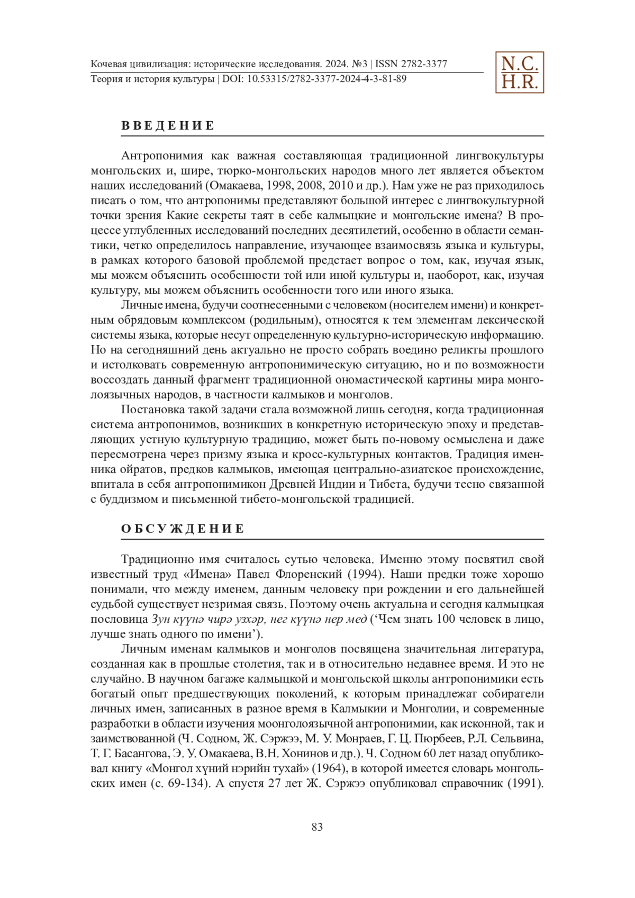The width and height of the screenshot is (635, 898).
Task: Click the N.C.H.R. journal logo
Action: point(519,72)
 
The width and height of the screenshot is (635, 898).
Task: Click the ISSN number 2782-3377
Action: point(424,65)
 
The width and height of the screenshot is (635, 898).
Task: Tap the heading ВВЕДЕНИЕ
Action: point(168,126)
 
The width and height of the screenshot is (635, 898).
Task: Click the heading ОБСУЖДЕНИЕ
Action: point(183,529)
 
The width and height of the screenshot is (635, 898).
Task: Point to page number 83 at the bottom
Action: point(317,827)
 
